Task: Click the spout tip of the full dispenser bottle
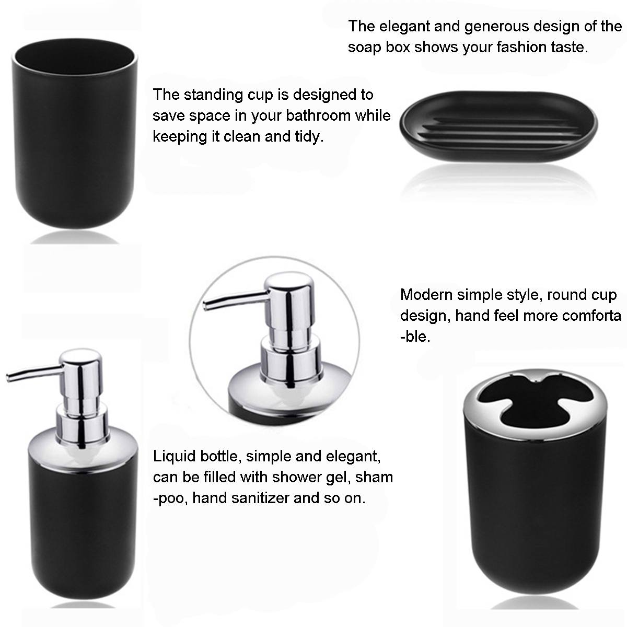pos(9,375)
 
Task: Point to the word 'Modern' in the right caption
pos(426,295)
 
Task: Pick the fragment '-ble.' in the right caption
pos(415,336)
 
